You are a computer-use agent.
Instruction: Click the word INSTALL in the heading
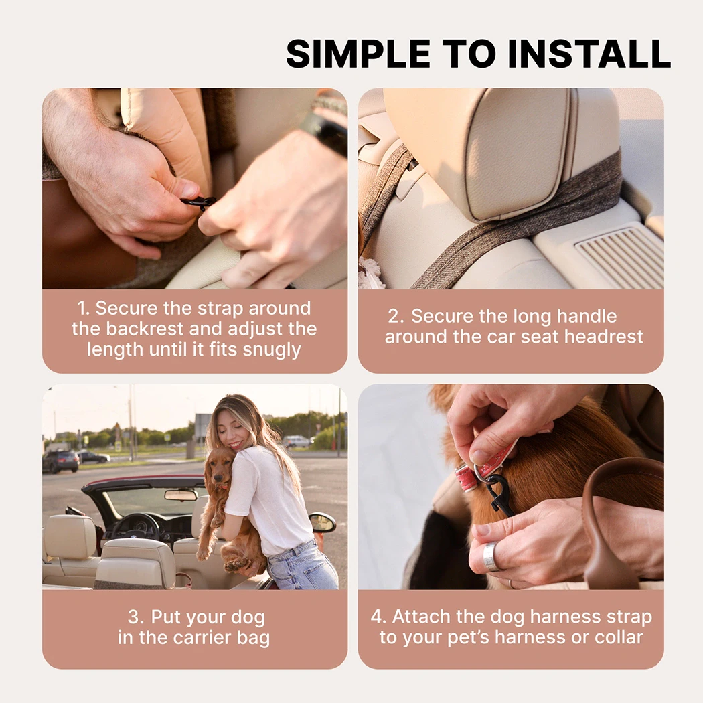click(589, 54)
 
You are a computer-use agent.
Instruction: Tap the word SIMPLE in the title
click(358, 54)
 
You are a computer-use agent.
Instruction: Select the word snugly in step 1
click(272, 349)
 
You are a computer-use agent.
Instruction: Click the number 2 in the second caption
click(396, 316)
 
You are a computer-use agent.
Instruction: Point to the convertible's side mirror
click(322, 522)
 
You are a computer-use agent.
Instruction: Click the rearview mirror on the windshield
click(181, 495)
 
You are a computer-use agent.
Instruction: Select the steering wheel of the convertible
click(135, 526)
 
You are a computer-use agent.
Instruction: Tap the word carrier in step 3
click(202, 637)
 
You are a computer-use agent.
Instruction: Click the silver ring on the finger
click(491, 556)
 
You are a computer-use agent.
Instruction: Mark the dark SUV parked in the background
click(60, 461)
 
